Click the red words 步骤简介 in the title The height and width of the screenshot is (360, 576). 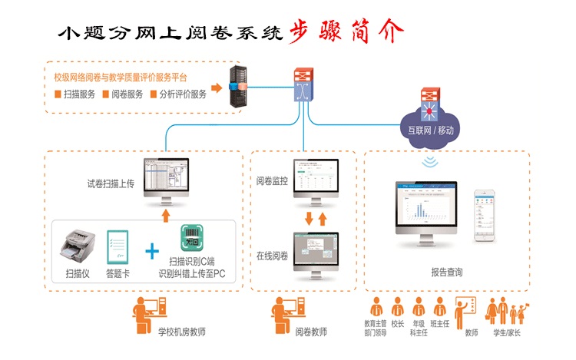point(346,31)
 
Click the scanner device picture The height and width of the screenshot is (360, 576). point(78,244)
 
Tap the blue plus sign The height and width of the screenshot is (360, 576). point(153,251)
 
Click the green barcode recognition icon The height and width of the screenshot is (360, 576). point(192,239)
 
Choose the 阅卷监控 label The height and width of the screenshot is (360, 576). point(272,182)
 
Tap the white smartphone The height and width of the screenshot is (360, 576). point(484,215)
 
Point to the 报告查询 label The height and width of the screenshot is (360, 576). point(446,272)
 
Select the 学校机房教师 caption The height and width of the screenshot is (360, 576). point(181,332)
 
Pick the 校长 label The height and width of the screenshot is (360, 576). point(397,324)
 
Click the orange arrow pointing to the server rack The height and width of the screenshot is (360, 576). point(217,88)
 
